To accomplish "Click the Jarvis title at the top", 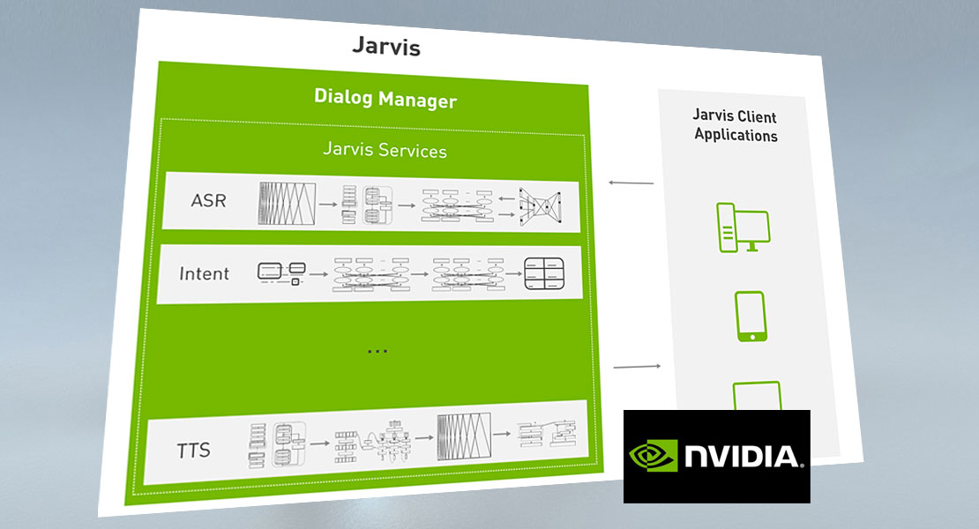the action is click(386, 47).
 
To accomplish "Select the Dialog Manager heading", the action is click(385, 99).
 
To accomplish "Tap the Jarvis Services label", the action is click(385, 150).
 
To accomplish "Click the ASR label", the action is click(208, 200).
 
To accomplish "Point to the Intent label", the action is click(204, 273).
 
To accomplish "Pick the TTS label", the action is click(193, 450).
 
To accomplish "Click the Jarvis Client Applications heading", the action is click(736, 125).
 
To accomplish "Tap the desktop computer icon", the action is click(743, 227).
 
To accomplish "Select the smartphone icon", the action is click(751, 317).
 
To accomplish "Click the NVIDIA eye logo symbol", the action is click(653, 456).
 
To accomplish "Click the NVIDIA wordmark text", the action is click(743, 456).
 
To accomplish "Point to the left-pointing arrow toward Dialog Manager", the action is click(631, 183).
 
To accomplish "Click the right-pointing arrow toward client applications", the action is click(637, 367).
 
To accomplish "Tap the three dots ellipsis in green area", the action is click(377, 351).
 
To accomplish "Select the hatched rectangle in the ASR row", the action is click(288, 204).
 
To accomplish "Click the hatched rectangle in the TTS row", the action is click(464, 436).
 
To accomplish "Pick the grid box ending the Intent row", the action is click(544, 273).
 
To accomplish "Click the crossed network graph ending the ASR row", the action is click(540, 205).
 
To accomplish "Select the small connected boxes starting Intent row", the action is click(281, 273).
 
